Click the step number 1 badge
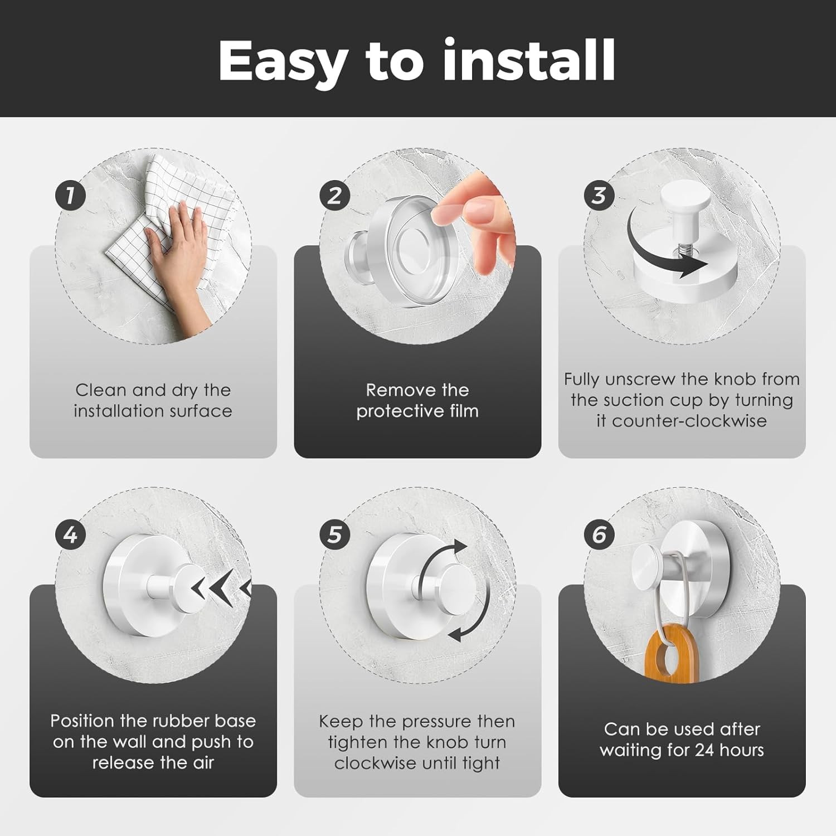pyautogui.click(x=70, y=196)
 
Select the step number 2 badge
pyautogui.click(x=334, y=196)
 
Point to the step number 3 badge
pyautogui.click(x=599, y=196)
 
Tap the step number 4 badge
pyautogui.click(x=70, y=535)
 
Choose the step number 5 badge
pyautogui.click(x=334, y=535)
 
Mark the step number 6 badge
pyautogui.click(x=599, y=535)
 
